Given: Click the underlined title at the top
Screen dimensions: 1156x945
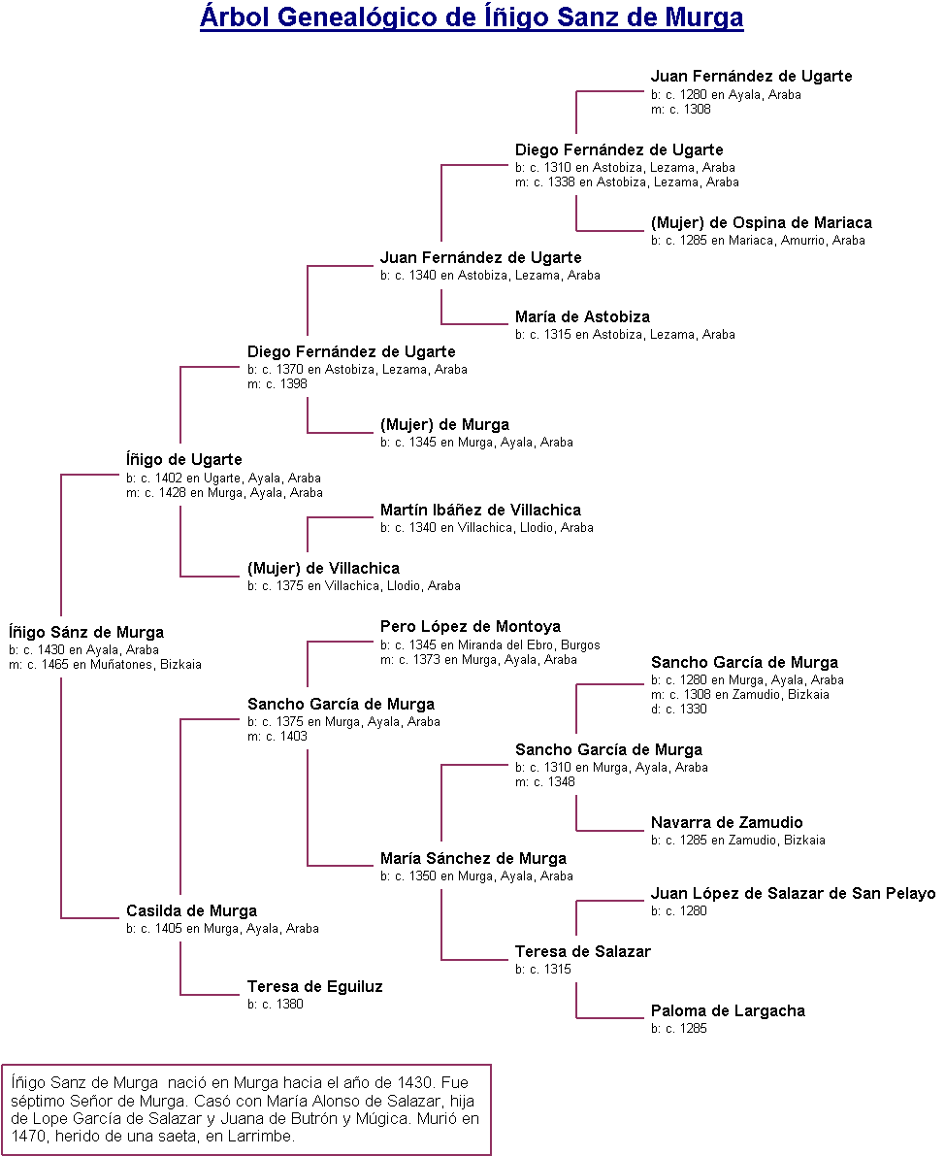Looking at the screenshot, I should pos(472,17).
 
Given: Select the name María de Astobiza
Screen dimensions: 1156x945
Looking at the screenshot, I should pos(582,316).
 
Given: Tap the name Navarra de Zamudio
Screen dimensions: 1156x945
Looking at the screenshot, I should pos(727,822).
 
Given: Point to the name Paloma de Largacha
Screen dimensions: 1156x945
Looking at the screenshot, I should pos(728,1010).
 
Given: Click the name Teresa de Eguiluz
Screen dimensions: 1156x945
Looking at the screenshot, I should pos(314,986).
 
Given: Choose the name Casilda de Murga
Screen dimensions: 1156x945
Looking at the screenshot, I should pos(191,910).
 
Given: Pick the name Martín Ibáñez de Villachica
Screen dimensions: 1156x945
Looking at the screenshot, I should pos(480,510).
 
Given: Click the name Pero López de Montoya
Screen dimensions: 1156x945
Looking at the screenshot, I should pos(470,626).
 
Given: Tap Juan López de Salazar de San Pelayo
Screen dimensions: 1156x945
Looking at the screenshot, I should pos(793,893).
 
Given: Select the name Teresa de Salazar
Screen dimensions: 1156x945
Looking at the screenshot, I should pos(582,951).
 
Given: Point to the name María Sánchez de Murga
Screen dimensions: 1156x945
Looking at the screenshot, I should pos(472,858).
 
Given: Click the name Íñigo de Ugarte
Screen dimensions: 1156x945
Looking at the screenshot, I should pos(183,459).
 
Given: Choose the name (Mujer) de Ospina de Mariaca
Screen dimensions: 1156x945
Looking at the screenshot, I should pos(761,222).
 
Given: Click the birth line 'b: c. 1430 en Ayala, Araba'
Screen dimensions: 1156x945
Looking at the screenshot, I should pos(83,650).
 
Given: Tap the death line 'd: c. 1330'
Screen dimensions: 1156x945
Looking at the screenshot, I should pos(679,710).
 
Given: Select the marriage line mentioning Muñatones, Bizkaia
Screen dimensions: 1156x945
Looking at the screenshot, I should pos(105,665).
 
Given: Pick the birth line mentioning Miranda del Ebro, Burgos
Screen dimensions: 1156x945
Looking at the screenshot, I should pos(490,645).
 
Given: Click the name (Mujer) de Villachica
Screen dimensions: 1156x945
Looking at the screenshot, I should pos(323,568).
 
